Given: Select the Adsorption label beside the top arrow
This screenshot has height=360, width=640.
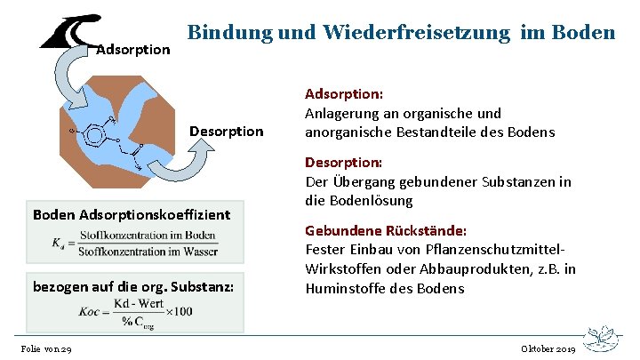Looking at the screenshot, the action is tap(132, 49).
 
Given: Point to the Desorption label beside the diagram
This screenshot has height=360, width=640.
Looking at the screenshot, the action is tap(227, 132).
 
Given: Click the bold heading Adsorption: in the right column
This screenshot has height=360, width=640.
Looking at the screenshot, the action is tap(343, 93).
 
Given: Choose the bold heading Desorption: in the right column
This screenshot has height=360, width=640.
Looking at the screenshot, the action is tap(343, 163).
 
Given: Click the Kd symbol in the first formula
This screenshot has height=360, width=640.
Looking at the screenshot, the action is tap(60, 242).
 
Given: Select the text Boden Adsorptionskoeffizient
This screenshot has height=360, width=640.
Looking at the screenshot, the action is tap(131, 214).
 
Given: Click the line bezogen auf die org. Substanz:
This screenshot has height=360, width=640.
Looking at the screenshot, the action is tap(133, 285).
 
